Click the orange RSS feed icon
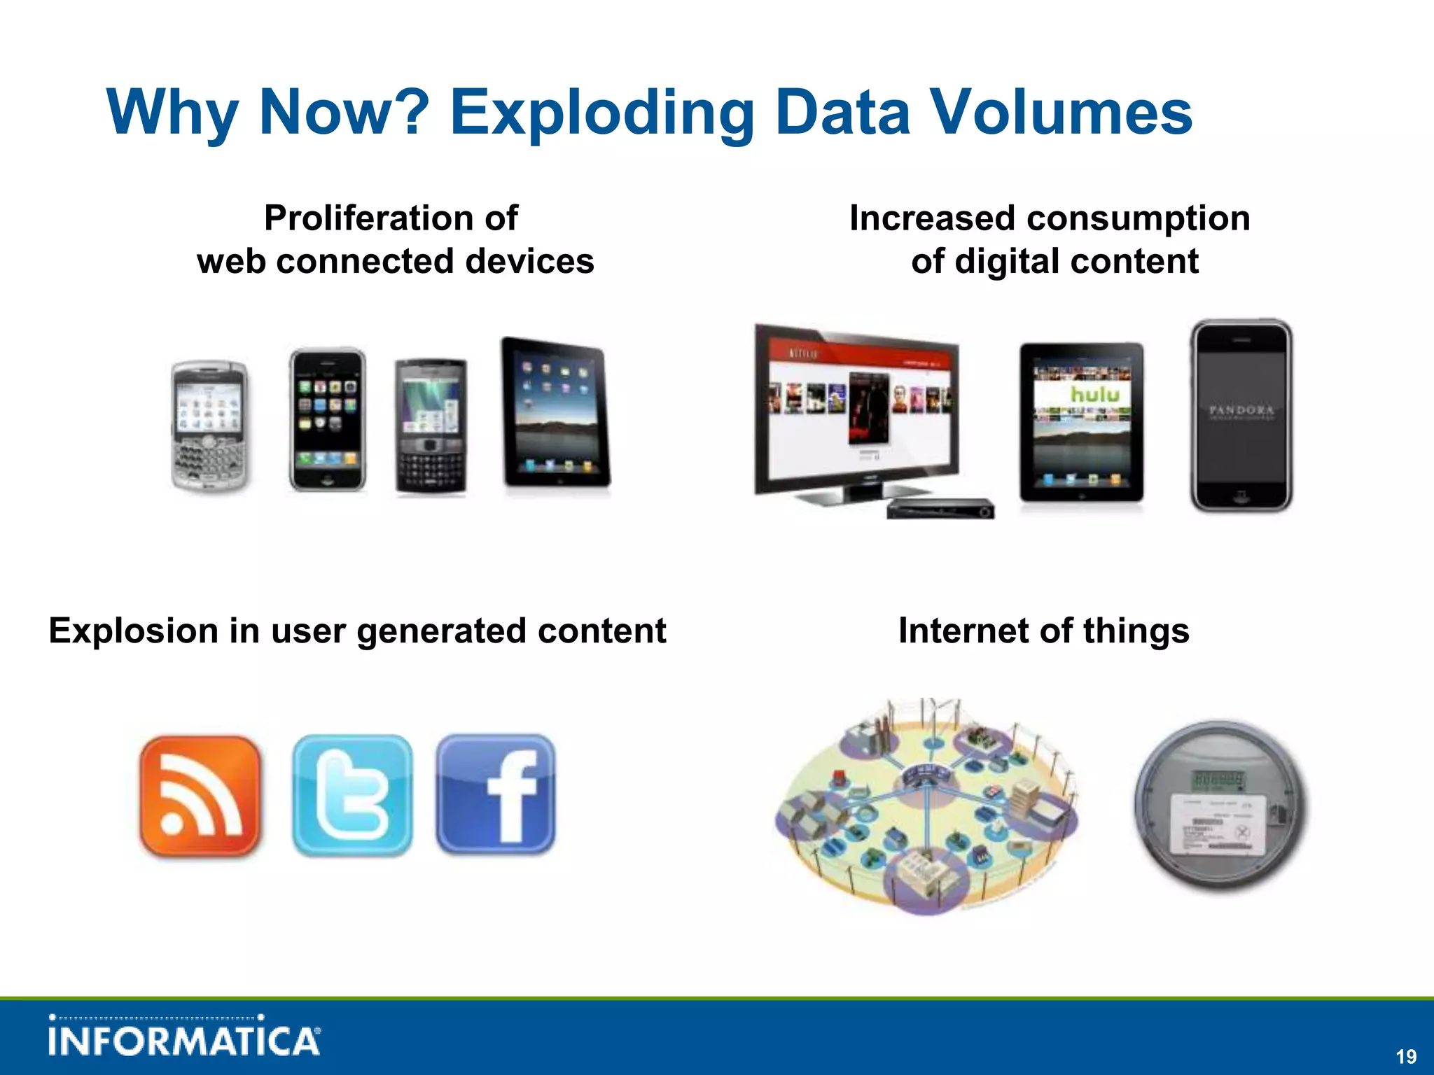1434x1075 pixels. [200, 796]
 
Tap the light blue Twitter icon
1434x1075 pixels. [352, 796]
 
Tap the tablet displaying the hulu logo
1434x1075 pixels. [1082, 422]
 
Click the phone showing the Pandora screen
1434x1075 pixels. [1241, 416]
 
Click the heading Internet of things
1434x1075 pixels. [1043, 631]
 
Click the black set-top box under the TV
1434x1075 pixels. [940, 509]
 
